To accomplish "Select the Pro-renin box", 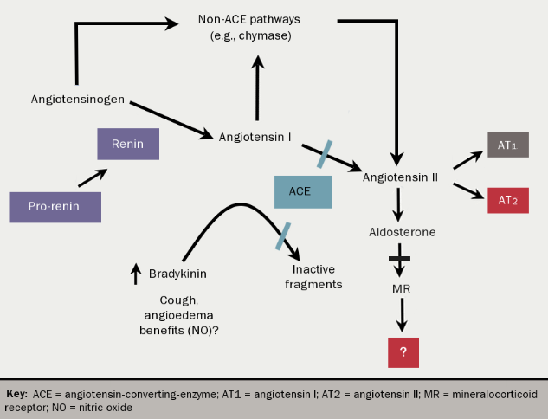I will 55,207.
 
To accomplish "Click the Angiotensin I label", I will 255,137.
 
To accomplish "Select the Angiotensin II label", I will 400,176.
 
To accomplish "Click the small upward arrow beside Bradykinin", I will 135,274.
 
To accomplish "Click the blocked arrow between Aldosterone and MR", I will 400,258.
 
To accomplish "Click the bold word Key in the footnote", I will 17,393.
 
